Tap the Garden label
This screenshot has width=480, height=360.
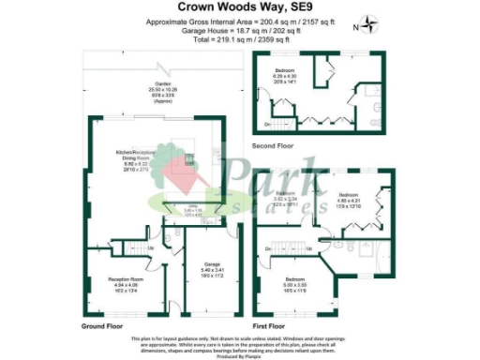click(165, 94)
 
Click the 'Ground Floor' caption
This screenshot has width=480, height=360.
click(102, 324)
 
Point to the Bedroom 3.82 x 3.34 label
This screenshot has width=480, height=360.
click(287, 200)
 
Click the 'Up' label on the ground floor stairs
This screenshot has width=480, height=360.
click(126, 248)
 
